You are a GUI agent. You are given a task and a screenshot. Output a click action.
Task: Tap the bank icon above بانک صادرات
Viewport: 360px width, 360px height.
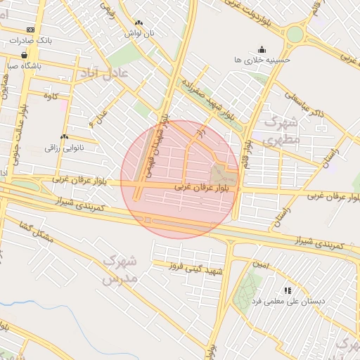click(x=30, y=30)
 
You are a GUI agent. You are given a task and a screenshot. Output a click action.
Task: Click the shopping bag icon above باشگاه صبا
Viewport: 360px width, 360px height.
click(x=25, y=55)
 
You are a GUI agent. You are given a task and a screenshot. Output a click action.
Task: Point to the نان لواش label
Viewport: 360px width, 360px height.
click(x=139, y=33)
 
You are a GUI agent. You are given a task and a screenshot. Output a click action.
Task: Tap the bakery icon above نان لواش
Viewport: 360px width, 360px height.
click(x=138, y=22)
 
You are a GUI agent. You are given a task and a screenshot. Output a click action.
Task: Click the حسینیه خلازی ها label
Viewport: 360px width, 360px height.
click(x=262, y=60)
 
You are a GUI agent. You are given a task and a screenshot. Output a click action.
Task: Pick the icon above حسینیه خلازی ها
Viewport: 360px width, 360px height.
click(x=262, y=49)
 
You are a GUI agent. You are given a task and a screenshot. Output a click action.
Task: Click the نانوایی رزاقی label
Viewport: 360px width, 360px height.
click(x=64, y=148)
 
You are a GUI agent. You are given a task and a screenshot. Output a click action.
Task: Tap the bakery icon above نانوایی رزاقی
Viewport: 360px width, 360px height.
click(x=64, y=136)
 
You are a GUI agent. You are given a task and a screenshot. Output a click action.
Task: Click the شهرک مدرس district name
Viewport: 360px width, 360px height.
click(x=118, y=270)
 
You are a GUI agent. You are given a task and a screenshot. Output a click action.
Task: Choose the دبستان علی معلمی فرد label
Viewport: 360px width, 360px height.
click(x=288, y=301)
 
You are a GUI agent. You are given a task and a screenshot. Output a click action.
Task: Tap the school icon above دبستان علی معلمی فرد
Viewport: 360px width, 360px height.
click(x=287, y=290)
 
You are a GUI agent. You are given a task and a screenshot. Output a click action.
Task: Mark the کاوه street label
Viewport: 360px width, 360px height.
click(x=49, y=96)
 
